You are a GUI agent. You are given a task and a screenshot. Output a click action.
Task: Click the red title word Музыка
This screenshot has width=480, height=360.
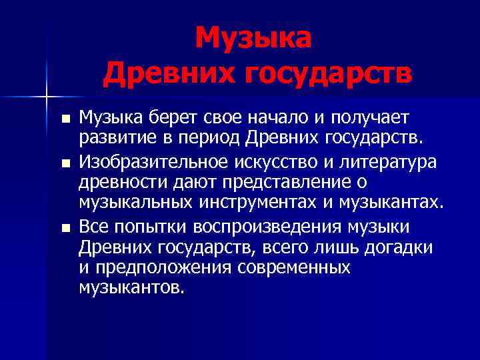click(253, 39)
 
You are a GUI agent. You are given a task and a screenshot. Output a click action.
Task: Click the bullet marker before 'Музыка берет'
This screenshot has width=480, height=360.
click(65, 120)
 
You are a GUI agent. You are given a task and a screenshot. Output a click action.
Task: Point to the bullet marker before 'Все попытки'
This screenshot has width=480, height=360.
click(65, 227)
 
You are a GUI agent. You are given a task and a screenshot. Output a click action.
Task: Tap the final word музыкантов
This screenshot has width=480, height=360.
click(129, 289)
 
